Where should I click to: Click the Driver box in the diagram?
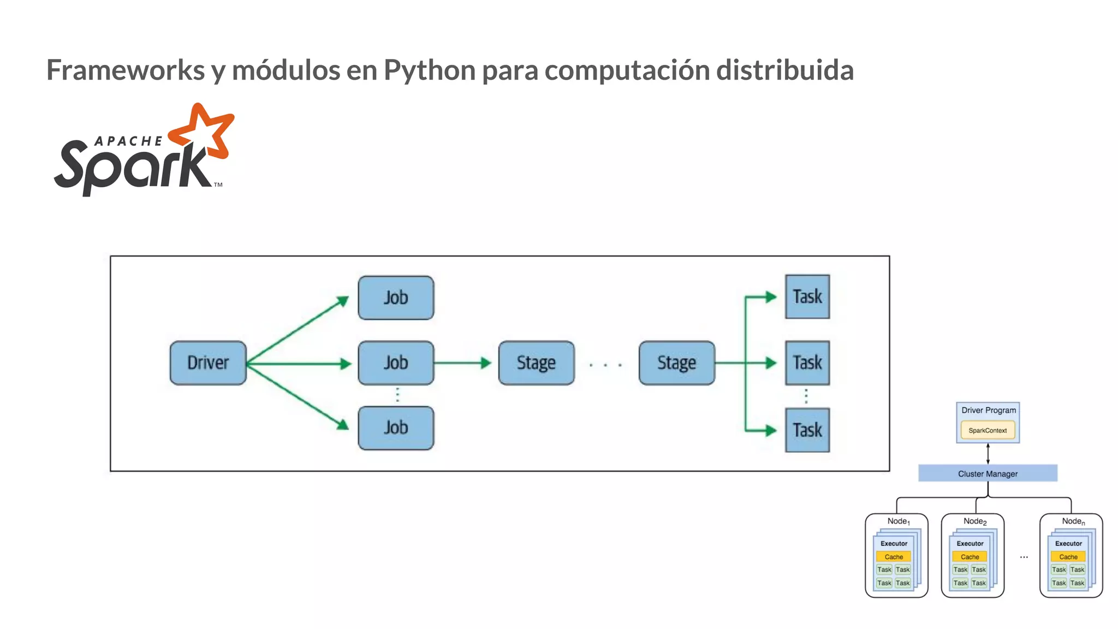[208, 363]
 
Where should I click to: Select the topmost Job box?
[396, 298]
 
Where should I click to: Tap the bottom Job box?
[396, 428]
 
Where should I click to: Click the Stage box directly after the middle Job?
[536, 363]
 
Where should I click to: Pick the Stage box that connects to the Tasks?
[676, 363]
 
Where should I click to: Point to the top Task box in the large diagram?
[807, 297]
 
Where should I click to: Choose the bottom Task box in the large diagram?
[807, 430]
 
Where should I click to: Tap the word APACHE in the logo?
[129, 141]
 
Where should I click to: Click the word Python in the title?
[430, 70]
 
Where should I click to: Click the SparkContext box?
[988, 430]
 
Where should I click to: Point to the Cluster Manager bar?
[988, 473]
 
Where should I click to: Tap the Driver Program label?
[989, 410]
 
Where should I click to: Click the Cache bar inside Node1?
[894, 557]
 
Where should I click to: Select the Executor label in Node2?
[970, 544]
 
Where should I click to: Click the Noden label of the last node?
[1073, 521]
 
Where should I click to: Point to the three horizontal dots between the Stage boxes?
[605, 365]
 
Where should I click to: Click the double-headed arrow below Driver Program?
[988, 454]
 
